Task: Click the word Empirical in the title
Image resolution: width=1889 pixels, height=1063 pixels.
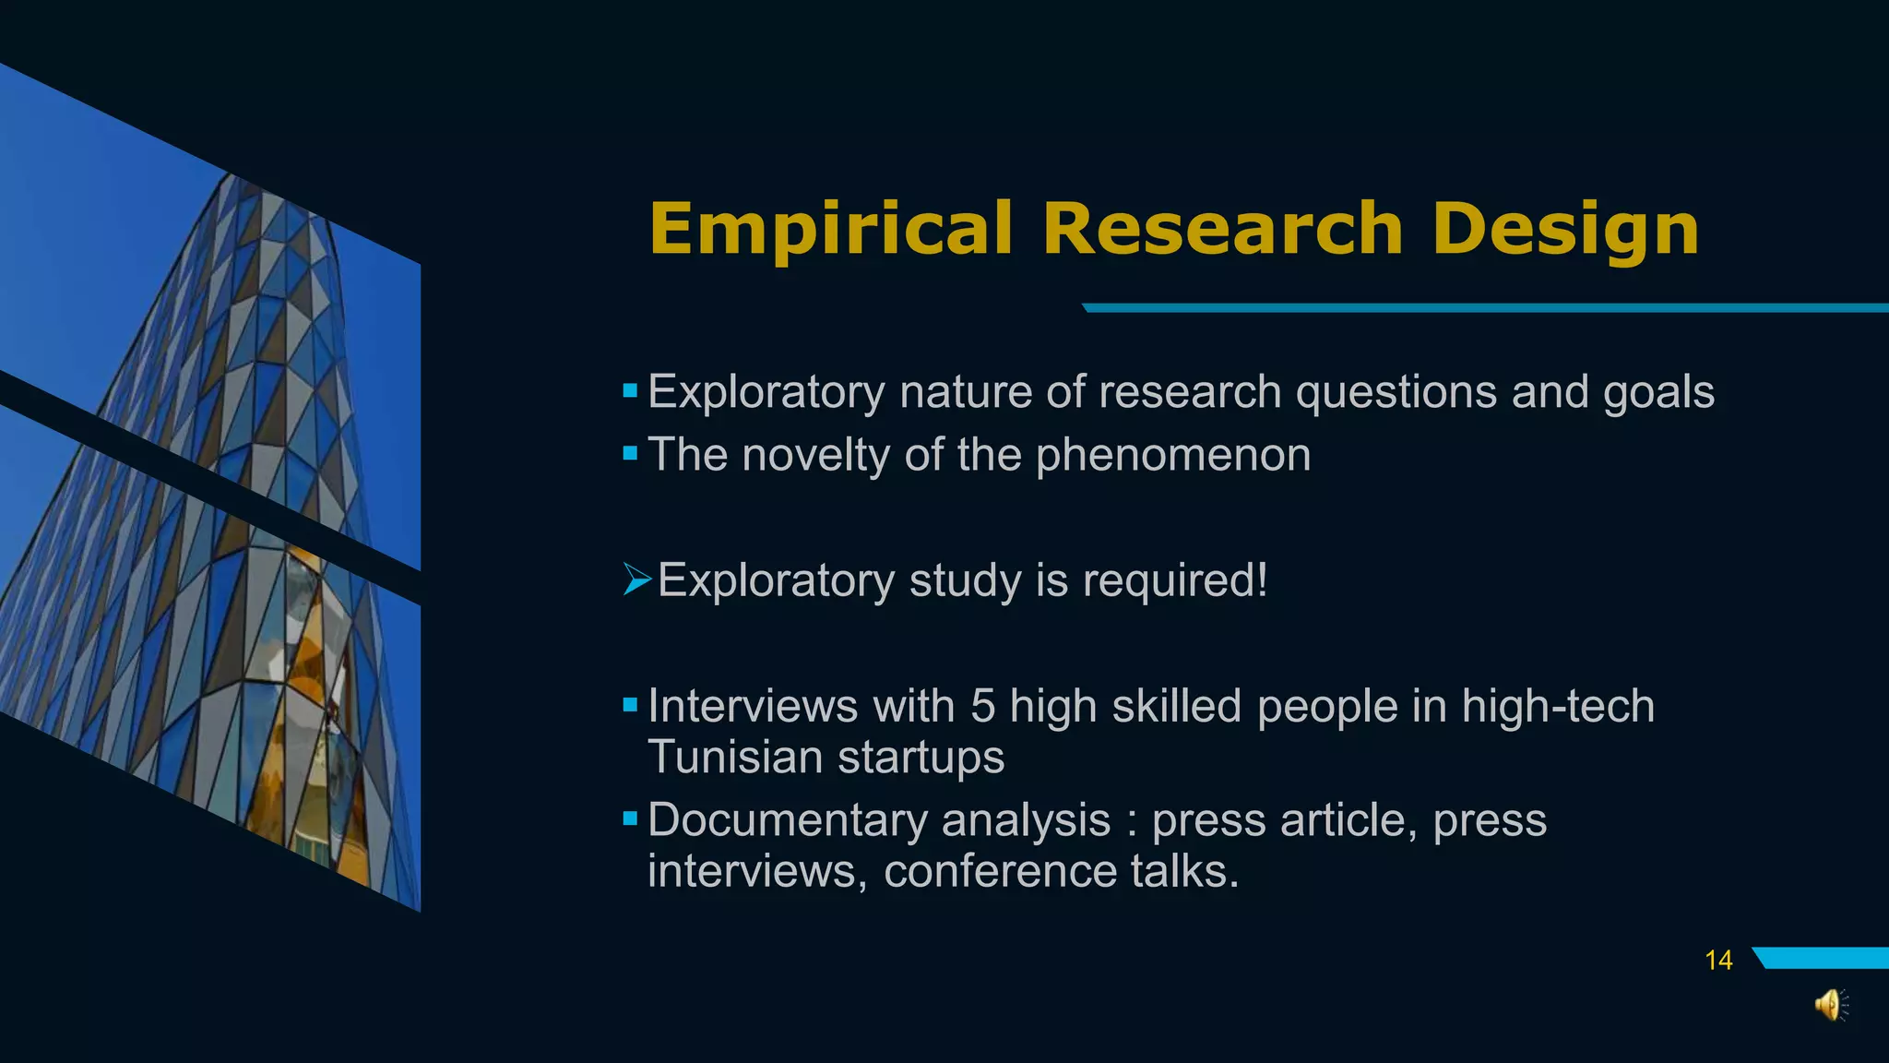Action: click(830, 229)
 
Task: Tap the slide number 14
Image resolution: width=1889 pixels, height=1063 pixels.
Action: click(1718, 961)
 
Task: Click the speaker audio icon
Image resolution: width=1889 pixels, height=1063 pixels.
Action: click(1830, 1005)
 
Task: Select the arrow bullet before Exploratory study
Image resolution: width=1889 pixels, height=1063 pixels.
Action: click(636, 579)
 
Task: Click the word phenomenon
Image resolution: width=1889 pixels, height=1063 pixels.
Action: click(1173, 455)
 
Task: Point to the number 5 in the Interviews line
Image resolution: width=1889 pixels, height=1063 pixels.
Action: click(982, 707)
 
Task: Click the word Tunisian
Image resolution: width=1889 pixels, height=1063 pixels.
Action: click(734, 758)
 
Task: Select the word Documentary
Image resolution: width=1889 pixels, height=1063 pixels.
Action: click(786, 820)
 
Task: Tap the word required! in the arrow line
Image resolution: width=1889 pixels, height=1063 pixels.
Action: click(1175, 580)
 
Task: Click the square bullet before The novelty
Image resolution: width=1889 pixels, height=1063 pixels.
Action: click(630, 453)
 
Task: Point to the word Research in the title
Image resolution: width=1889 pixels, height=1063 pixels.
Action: click(1223, 229)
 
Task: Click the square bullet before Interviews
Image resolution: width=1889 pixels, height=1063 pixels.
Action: click(630, 705)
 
